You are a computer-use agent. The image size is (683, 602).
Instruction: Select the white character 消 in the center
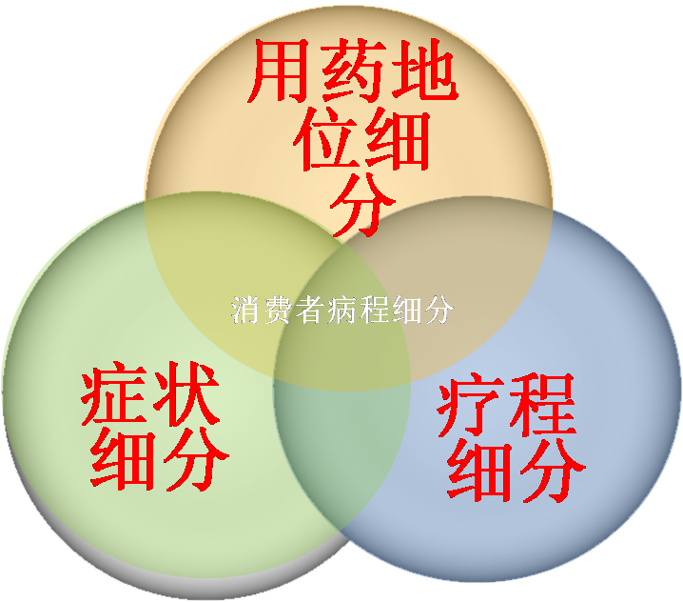coord(244,311)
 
